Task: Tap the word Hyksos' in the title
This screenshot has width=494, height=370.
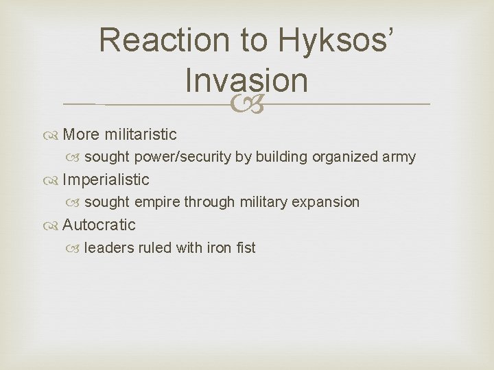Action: [337, 41]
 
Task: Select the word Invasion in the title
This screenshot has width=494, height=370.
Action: [246, 80]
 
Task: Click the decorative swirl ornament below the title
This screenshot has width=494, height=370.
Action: [246, 104]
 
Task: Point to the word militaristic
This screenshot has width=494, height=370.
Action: [140, 134]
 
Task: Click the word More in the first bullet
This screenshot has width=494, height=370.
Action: [80, 134]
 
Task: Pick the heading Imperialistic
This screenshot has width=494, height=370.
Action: [106, 180]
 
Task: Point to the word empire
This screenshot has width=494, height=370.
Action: [156, 202]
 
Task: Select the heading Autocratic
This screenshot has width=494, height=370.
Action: [99, 225]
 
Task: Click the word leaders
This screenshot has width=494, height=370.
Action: [109, 247]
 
